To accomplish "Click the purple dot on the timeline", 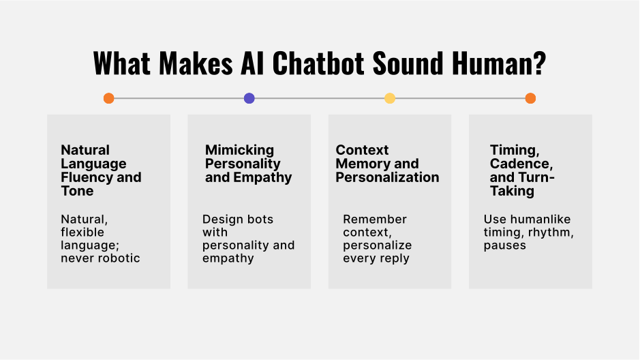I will click(249, 98).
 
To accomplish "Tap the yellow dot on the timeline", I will click(390, 98).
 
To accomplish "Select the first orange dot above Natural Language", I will click(108, 98).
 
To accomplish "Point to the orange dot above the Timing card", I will click(530, 98).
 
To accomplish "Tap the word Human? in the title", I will click(499, 63).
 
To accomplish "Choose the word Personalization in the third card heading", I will click(387, 177).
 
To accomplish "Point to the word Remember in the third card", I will click(375, 220).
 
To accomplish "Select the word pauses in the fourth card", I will click(505, 245).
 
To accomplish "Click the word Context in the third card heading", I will click(362, 150).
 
